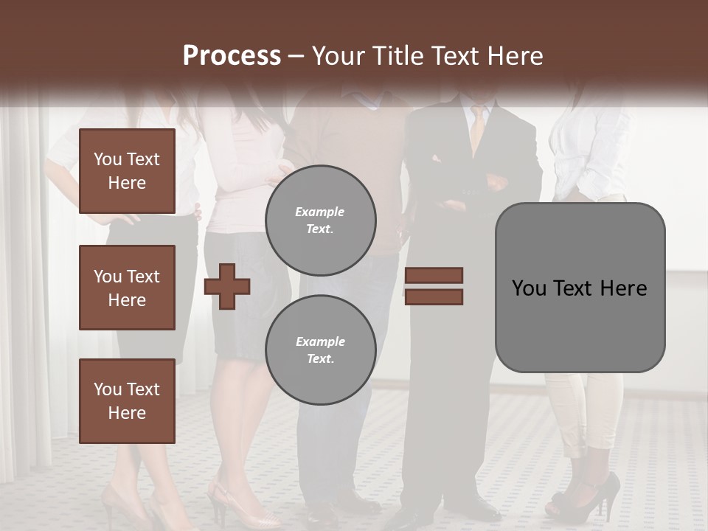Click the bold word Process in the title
(x=232, y=56)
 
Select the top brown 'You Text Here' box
(x=127, y=171)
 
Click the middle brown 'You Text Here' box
(x=127, y=288)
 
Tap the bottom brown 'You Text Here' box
(x=127, y=400)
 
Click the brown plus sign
(x=227, y=285)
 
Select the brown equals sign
(x=434, y=286)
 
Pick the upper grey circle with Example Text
(x=321, y=220)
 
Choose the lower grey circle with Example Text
(x=321, y=350)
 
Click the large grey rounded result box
(x=580, y=288)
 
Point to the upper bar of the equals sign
(x=434, y=276)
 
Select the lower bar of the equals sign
(x=434, y=296)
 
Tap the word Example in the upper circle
(x=320, y=212)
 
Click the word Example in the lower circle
(x=320, y=341)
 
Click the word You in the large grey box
(x=529, y=288)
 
